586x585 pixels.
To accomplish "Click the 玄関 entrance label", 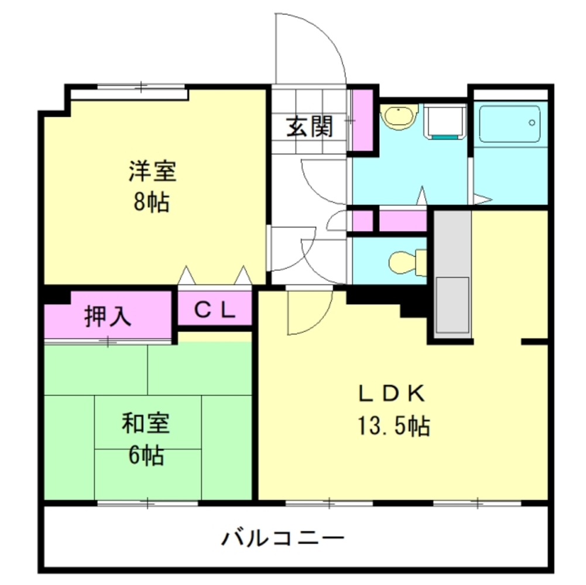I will point(310,126).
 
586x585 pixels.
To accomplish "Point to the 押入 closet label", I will point(108,316).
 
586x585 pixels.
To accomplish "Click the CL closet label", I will point(215,309).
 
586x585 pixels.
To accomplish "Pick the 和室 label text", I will point(146,424).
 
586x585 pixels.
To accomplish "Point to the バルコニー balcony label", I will point(282,536).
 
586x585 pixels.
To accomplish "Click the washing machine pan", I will point(444,122).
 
